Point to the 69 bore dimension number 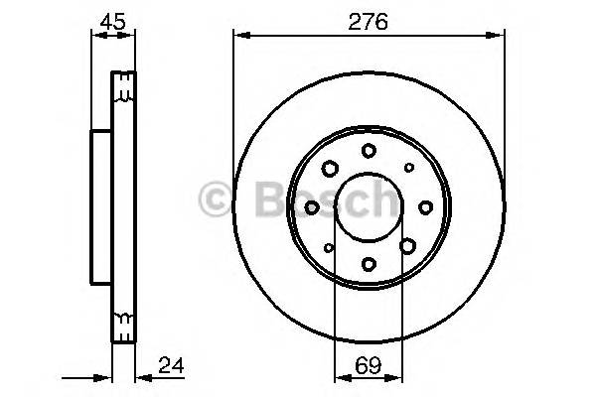(369, 363)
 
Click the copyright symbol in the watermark (216, 199)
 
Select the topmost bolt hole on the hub (369, 151)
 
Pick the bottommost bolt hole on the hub (369, 263)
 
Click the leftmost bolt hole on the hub (312, 206)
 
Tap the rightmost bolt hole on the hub (425, 206)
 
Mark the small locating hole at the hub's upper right (408, 167)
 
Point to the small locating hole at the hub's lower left (329, 247)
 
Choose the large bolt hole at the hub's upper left (331, 168)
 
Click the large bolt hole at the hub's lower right (407, 245)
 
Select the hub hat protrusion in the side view (100, 206)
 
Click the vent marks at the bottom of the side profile (122, 320)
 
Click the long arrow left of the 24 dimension (84, 378)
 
